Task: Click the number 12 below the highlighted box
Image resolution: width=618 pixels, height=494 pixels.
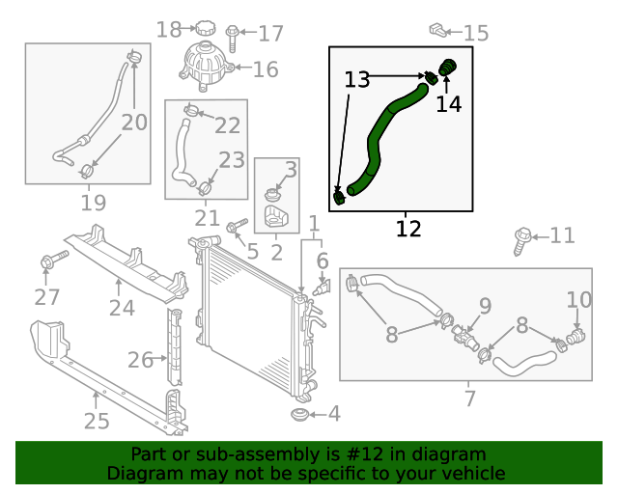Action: click(408, 229)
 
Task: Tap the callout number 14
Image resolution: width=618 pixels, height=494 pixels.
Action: click(449, 103)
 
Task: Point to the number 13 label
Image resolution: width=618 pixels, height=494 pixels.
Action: click(357, 80)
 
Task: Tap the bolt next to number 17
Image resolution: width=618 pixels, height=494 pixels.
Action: click(233, 38)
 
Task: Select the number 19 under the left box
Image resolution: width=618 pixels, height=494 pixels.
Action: click(93, 203)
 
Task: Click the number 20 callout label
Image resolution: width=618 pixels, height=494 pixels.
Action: click(134, 123)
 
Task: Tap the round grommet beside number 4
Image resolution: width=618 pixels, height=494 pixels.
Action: click(300, 415)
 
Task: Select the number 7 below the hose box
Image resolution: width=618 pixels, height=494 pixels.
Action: click(470, 398)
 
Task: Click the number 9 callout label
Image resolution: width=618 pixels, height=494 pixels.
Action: click(484, 306)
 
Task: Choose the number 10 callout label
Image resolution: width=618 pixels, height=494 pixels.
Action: click(579, 300)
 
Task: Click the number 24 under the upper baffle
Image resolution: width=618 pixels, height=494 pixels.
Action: click(121, 308)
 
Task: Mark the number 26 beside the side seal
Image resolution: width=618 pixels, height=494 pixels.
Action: click(141, 360)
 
